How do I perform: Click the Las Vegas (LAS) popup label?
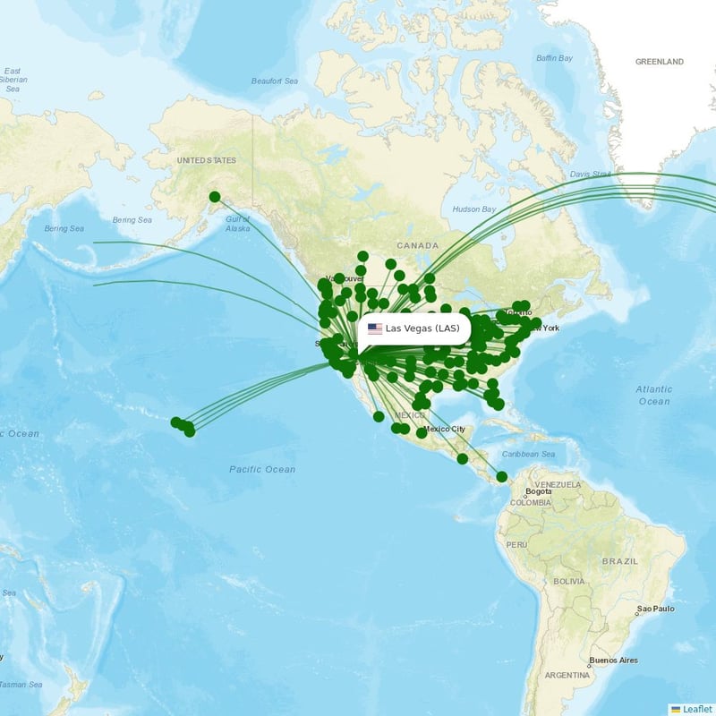click(x=422, y=328)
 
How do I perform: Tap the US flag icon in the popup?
click(x=375, y=328)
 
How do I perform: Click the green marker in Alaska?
click(x=215, y=197)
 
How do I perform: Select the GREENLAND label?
click(x=659, y=62)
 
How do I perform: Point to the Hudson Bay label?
click(x=473, y=209)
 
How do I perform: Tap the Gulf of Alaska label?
click(x=238, y=224)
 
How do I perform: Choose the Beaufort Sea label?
click(x=274, y=81)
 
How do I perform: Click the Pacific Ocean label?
click(x=261, y=469)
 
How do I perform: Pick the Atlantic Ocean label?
click(x=653, y=395)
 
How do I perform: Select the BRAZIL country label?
click(x=620, y=560)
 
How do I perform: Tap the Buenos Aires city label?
click(x=613, y=661)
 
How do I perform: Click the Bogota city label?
click(x=539, y=491)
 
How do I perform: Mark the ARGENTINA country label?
click(x=567, y=674)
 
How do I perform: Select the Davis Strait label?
click(x=590, y=174)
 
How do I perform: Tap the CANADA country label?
click(x=418, y=245)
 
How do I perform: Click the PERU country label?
click(x=516, y=544)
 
